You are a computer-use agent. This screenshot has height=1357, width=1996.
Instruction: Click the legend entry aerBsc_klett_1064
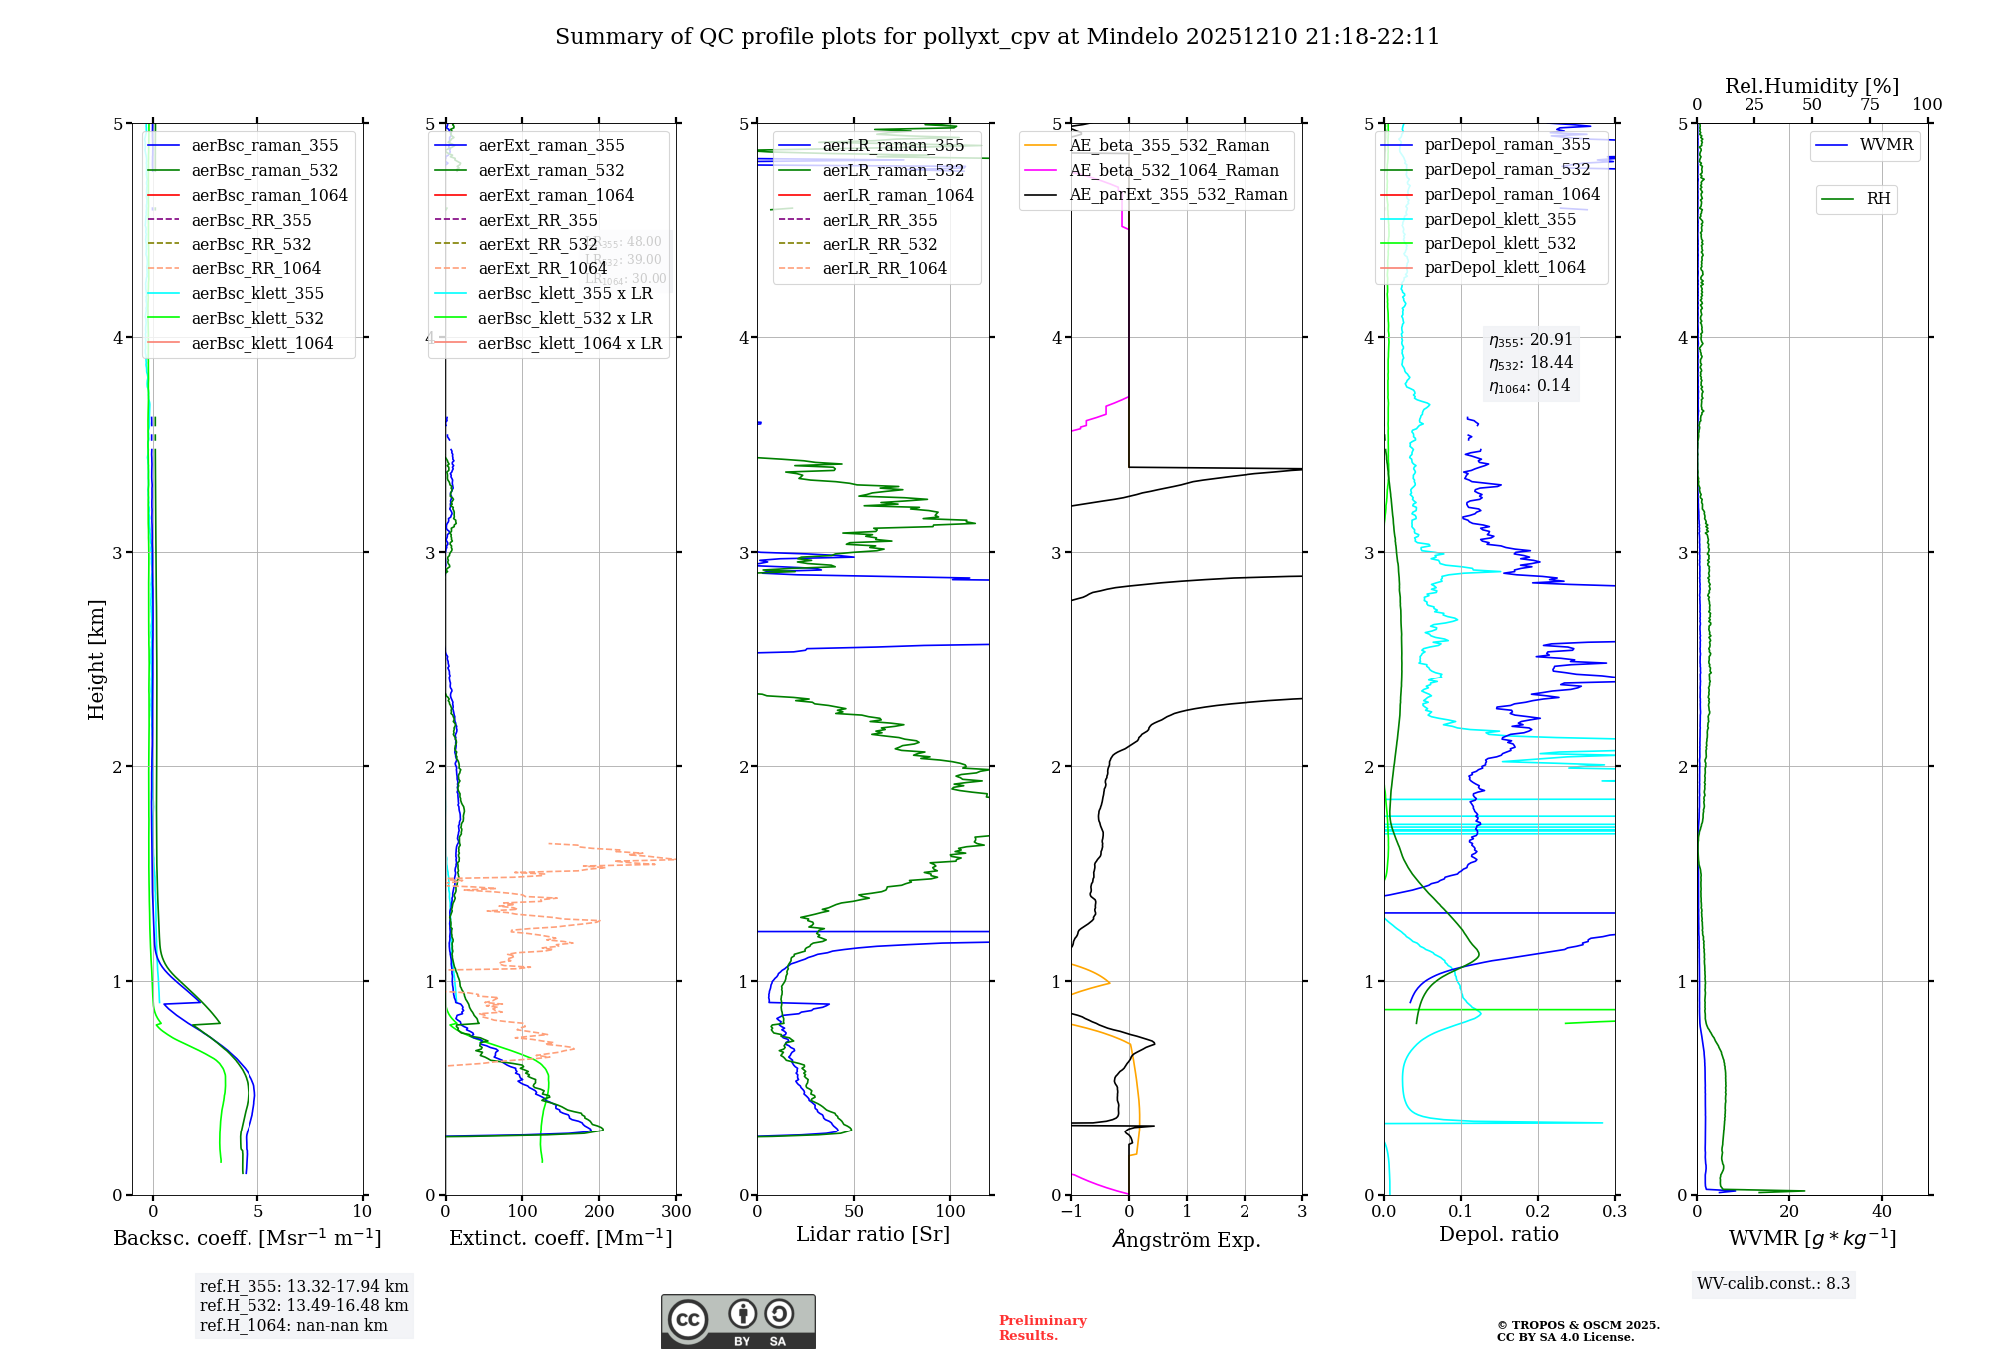261,344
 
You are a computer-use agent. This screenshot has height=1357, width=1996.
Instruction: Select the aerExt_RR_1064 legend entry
542,269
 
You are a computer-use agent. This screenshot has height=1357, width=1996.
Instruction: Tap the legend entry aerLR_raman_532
893,171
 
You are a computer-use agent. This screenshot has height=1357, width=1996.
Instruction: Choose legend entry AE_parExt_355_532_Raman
1178,195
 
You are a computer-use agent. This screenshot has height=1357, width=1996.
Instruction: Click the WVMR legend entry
1886,145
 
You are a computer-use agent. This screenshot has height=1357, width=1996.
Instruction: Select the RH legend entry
1878,199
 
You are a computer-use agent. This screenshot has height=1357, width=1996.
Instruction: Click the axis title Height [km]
96,660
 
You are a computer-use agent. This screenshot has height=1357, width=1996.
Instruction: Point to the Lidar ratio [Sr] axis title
873,1235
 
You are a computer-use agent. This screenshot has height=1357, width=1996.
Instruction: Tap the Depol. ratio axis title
1498,1235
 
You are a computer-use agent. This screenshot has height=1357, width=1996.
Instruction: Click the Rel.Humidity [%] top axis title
1811,86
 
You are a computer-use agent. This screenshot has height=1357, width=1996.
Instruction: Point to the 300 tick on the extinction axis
676,1212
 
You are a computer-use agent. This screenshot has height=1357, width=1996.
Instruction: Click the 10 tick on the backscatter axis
362,1212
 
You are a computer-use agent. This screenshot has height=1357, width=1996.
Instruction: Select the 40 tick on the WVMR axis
1882,1212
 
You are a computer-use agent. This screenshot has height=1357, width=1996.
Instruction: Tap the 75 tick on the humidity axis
1869,105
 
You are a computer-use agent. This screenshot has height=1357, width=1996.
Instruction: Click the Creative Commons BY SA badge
738,1321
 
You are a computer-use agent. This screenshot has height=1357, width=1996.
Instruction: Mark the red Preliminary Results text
1042,1328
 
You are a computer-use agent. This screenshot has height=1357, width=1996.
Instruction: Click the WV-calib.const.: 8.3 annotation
1773,1284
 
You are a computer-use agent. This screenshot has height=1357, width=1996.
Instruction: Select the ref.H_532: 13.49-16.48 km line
303,1306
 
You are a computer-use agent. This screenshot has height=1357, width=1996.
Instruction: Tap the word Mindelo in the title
1132,37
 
